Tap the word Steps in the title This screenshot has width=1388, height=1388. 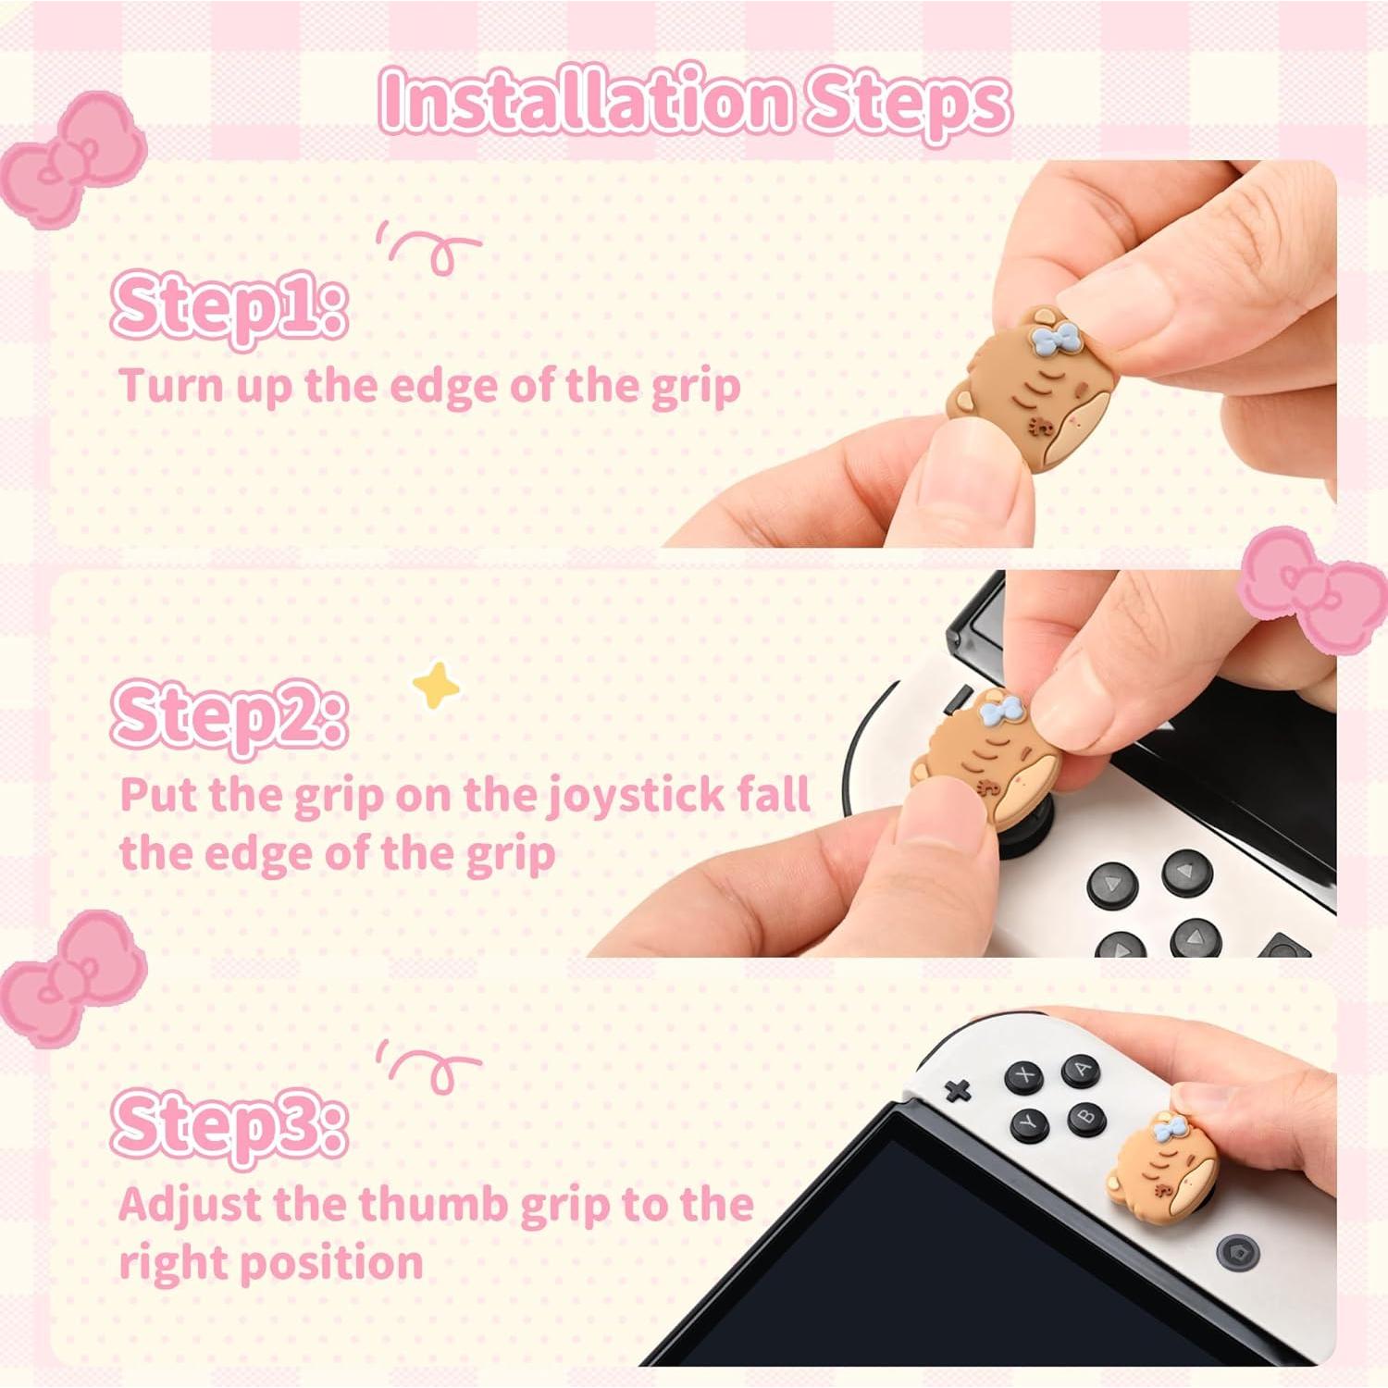tap(907, 102)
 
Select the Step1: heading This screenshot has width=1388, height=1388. tap(229, 304)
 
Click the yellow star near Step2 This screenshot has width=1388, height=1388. tap(436, 685)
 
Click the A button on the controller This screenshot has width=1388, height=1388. tap(1079, 1071)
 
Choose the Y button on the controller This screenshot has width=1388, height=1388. tap(1028, 1123)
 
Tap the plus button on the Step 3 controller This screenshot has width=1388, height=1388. tap(958, 1090)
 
